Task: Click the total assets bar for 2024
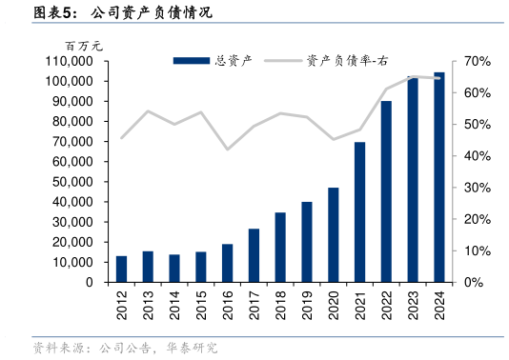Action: pos(438,177)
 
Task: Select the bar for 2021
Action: pos(359,212)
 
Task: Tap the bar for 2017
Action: pos(254,255)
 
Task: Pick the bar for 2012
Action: pos(121,269)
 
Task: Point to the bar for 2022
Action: pos(386,191)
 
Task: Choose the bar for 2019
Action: pos(307,242)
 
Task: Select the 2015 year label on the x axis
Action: pos(201,305)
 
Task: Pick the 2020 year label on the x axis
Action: pos(334,305)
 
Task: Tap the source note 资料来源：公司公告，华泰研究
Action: pos(124,348)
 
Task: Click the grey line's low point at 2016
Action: pos(227,150)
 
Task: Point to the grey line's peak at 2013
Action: pos(148,111)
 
